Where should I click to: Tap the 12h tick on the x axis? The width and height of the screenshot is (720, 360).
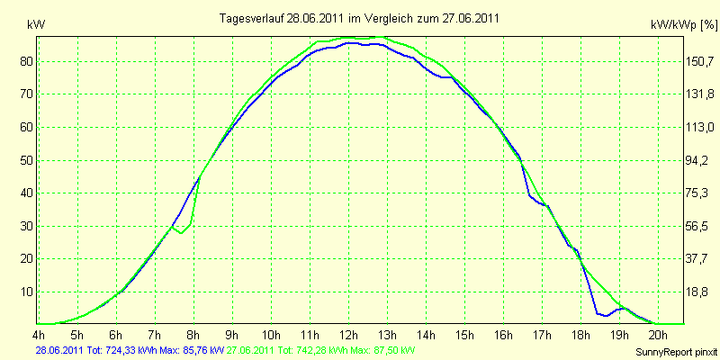[x=348, y=333]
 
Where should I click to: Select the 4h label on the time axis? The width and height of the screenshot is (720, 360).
[x=39, y=333]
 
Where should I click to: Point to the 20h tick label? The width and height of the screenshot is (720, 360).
[x=658, y=333]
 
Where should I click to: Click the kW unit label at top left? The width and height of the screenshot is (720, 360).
[x=36, y=25]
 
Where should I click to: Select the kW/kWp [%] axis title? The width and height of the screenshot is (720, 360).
[x=683, y=26]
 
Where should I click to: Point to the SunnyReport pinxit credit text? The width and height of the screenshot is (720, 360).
[x=676, y=352]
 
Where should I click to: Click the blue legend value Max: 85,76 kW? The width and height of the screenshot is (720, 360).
[x=192, y=351]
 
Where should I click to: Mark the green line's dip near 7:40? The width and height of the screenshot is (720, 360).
[x=182, y=233]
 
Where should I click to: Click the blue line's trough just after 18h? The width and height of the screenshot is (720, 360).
[x=606, y=316]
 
